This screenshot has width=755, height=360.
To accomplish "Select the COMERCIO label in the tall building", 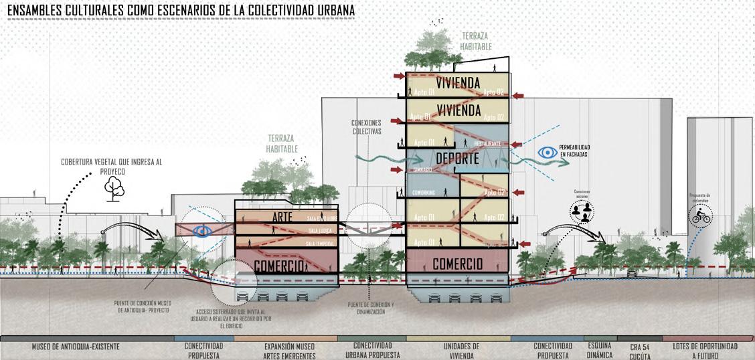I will coord(457,264).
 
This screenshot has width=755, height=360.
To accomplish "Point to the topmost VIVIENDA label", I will coord(457,82).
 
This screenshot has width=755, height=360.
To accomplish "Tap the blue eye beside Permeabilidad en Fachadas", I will coord(548,153).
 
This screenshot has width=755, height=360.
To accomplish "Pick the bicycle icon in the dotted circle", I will coord(701,215).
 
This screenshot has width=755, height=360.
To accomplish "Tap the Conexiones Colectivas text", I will coord(365,127).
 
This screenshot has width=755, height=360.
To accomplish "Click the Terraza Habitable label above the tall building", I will coord(476,41).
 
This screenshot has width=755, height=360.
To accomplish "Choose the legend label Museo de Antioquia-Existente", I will coord(76,347).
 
